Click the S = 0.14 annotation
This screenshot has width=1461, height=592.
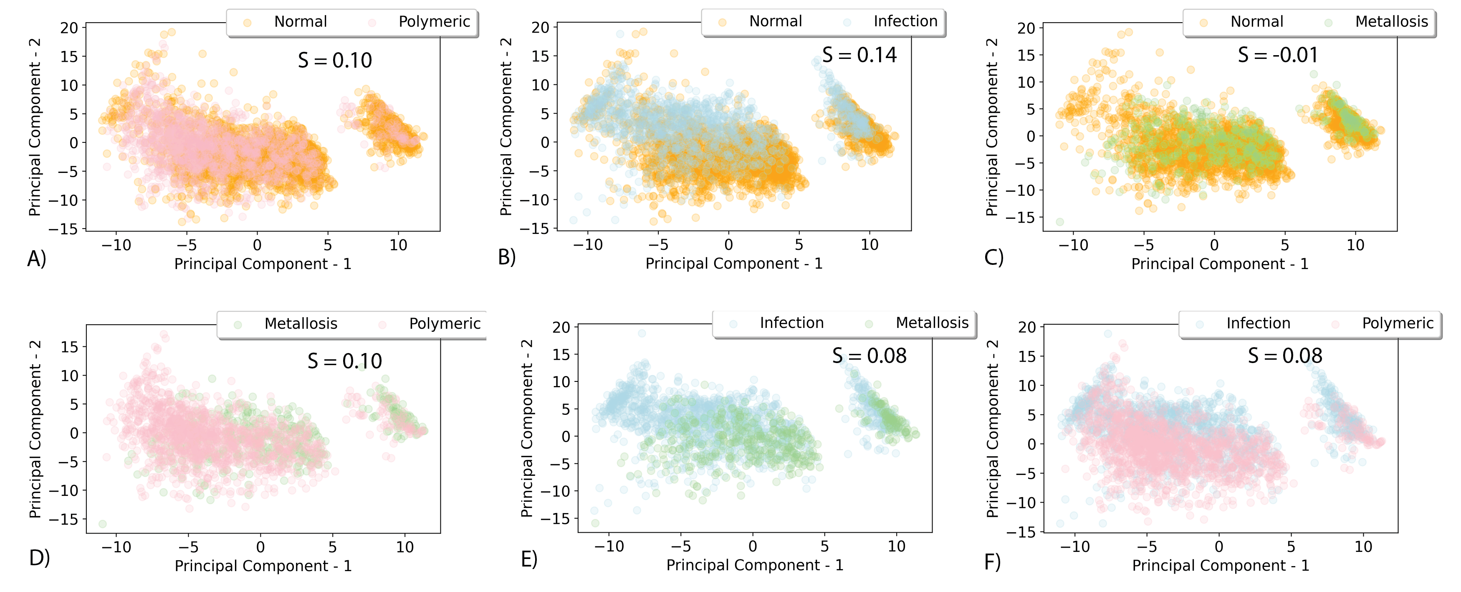[859, 55]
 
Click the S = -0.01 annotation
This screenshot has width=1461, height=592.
[1277, 55]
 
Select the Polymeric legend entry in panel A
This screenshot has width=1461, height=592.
[434, 22]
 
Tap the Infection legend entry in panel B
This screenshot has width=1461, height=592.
[905, 21]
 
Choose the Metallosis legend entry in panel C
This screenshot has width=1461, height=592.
[1391, 22]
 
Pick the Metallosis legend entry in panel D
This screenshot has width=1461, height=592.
[301, 323]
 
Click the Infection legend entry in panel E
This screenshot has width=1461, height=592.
[791, 323]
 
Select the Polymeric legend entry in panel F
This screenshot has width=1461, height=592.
[1398, 323]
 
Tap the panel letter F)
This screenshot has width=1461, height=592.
[993, 562]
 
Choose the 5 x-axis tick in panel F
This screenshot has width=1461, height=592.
[1291, 546]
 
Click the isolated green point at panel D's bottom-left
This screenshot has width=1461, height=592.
[103, 524]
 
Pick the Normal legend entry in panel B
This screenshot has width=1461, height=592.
[775, 21]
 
